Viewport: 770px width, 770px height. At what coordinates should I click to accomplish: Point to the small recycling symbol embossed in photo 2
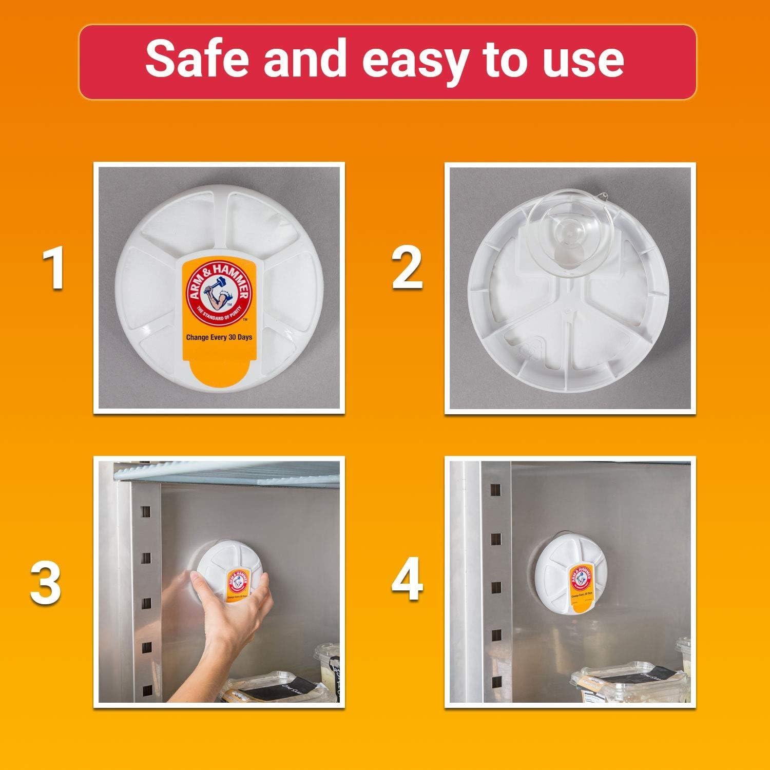[x=528, y=350]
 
